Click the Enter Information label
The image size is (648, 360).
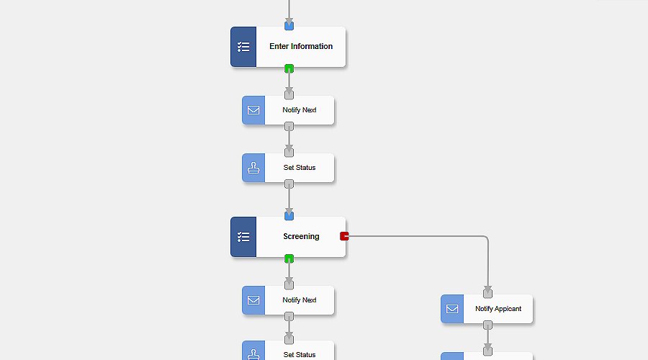tap(301, 47)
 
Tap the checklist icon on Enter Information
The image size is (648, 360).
tap(243, 47)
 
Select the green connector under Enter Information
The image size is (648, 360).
tap(289, 69)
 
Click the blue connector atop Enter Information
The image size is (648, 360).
tap(289, 26)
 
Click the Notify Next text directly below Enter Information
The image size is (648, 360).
tap(299, 110)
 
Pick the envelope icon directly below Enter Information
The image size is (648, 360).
tap(253, 110)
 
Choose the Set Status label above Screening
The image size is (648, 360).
tap(299, 168)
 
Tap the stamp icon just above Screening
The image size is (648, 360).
tap(253, 168)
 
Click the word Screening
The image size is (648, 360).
tap(301, 237)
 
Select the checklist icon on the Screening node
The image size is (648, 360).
tap(243, 237)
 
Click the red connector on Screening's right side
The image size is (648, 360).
tap(344, 236)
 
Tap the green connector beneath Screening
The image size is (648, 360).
tap(289, 258)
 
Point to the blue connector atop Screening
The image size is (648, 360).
tap(289, 215)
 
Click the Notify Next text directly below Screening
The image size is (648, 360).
tap(299, 300)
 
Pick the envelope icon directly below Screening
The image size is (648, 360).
tap(253, 300)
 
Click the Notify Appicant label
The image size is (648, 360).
tap(498, 309)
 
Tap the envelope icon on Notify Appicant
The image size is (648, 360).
tap(452, 309)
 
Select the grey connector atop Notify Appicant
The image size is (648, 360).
tap(487, 293)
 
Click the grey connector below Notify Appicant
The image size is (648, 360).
tap(487, 325)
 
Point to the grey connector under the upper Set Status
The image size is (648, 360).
tap(289, 184)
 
